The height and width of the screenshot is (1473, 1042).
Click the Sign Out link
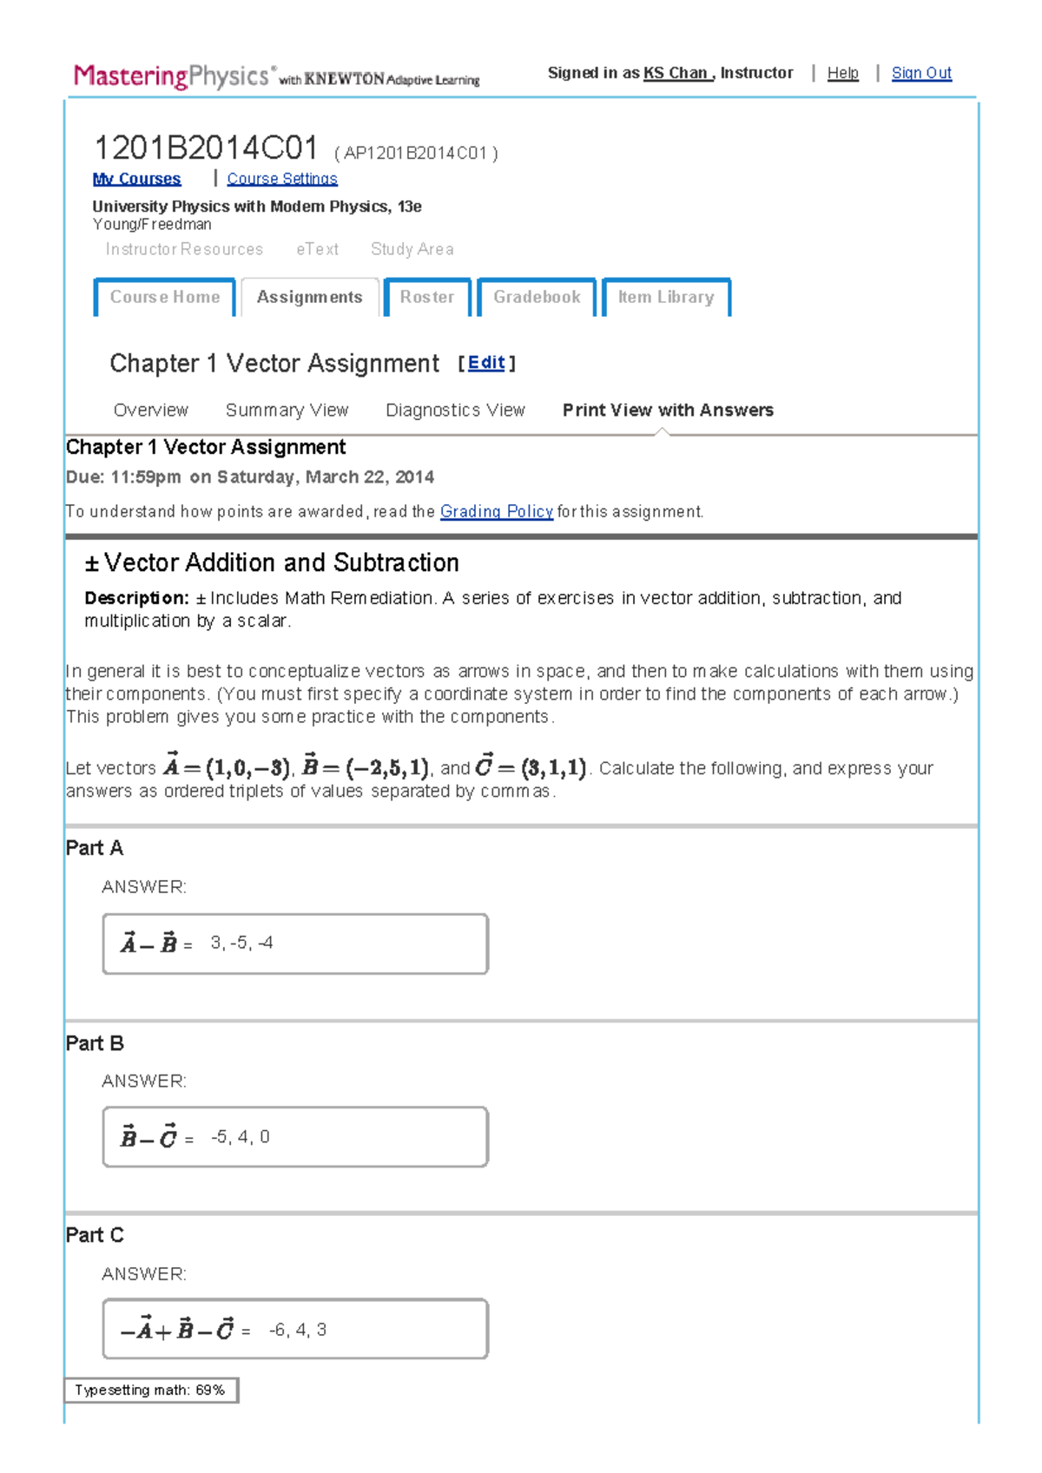(921, 73)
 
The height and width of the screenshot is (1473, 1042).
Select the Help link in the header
(842, 73)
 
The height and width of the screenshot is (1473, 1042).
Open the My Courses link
(136, 179)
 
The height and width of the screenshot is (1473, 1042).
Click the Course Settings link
(282, 179)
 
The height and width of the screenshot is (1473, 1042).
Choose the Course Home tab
(165, 297)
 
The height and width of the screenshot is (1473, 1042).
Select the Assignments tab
(309, 297)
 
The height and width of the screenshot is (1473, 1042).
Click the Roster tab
(427, 297)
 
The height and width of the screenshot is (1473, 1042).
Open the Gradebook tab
(537, 297)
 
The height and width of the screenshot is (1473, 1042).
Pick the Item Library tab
(666, 297)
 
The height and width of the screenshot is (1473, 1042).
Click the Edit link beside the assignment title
(486, 363)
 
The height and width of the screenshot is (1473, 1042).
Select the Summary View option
(287, 410)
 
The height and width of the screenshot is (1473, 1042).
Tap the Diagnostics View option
(455, 410)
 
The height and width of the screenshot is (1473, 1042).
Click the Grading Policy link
(497, 511)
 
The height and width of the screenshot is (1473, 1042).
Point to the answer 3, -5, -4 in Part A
(241, 943)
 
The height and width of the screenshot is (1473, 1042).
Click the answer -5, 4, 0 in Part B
(241, 1136)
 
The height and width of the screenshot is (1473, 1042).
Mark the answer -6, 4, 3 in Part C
(298, 1330)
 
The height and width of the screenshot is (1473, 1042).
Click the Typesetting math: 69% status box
(151, 1390)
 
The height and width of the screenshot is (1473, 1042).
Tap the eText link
(317, 249)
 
